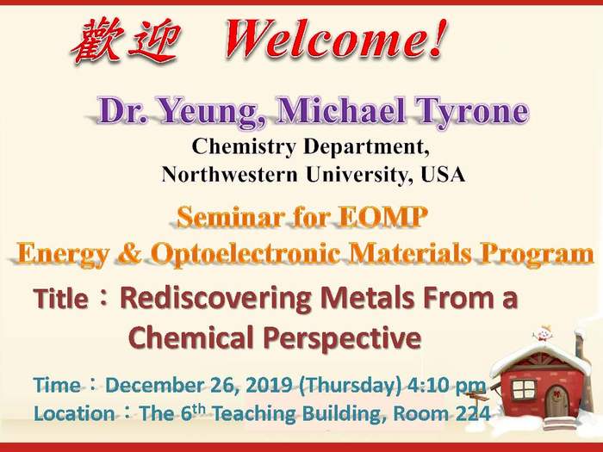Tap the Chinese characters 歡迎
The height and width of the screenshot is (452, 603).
pos(126,40)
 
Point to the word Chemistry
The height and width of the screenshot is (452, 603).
pos(244,147)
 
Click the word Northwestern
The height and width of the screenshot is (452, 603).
pos(230,175)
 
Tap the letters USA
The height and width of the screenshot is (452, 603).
pos(443,175)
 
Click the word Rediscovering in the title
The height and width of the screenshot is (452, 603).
pos(216,299)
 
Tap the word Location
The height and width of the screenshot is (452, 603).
pos(74,414)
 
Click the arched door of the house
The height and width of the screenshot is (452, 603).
pos(556,402)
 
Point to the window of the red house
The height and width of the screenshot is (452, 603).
pos(524,389)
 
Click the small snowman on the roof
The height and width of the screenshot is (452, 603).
pos(543,333)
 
